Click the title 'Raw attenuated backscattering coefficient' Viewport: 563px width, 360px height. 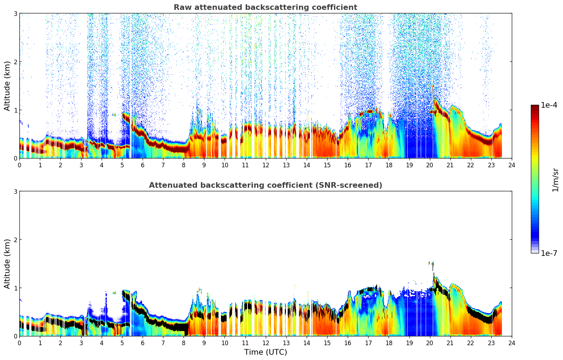[x=265, y=7]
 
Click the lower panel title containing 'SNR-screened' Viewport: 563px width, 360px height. [x=265, y=185]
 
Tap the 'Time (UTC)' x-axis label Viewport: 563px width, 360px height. [x=265, y=352]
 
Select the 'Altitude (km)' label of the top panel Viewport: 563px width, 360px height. [x=7, y=86]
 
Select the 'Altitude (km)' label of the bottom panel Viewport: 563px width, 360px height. [x=7, y=264]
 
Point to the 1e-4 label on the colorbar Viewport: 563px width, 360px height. [x=549, y=105]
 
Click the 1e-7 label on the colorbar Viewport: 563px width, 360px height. [x=549, y=253]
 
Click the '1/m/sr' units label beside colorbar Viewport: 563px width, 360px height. [x=555, y=180]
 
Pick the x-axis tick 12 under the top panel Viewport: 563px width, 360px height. [x=265, y=165]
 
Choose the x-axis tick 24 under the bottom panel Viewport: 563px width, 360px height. [x=511, y=343]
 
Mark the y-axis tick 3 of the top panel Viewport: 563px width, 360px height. [x=15, y=13]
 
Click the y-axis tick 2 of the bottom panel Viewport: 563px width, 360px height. [x=15, y=240]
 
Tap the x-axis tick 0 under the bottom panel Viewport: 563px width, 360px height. [x=19, y=343]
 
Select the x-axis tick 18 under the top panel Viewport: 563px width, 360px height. [x=389, y=165]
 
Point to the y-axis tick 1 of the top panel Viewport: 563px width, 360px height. [x=15, y=110]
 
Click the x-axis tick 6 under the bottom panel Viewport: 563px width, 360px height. [x=143, y=343]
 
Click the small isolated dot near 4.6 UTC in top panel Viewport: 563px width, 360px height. [x=115, y=115]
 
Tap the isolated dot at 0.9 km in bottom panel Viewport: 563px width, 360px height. [x=115, y=293]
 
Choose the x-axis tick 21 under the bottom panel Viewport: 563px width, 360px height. [x=450, y=343]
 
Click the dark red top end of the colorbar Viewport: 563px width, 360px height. [x=535, y=107]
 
